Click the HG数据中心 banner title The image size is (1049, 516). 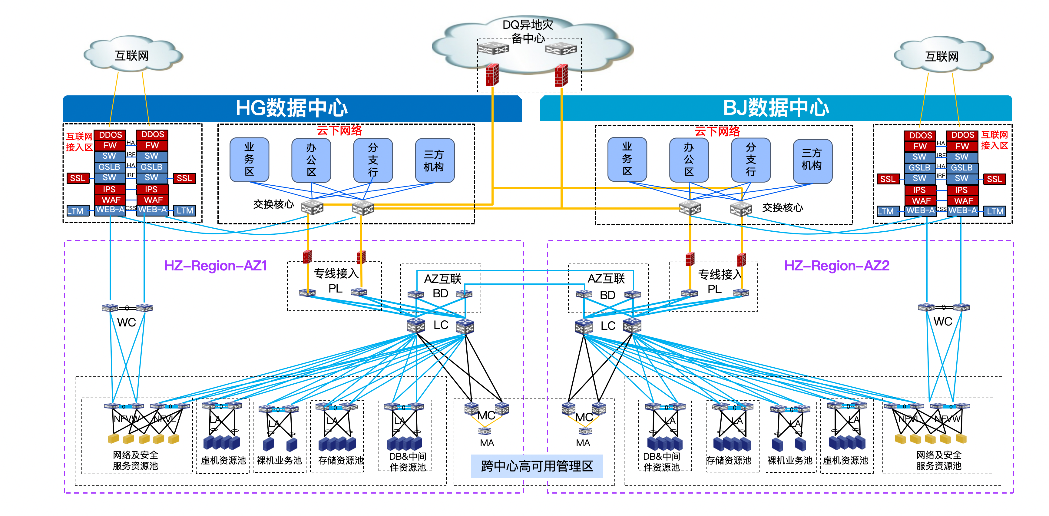click(x=292, y=108)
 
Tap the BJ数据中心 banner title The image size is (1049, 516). click(x=776, y=108)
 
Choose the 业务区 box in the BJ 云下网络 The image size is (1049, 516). click(x=627, y=159)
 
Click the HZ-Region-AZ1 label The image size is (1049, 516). click(x=215, y=266)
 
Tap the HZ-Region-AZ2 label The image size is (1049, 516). click(x=836, y=266)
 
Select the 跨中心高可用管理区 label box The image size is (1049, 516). click(x=537, y=466)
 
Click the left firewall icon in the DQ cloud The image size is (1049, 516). click(x=492, y=75)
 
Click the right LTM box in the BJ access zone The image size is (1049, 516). click(x=994, y=211)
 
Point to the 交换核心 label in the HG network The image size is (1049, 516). click(x=273, y=204)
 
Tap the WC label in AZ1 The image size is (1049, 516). click(x=126, y=322)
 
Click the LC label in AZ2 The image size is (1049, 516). click(x=608, y=326)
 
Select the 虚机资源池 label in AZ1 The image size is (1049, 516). click(x=223, y=460)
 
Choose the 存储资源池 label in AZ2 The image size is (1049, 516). click(x=729, y=460)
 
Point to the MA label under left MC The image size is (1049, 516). click(x=487, y=443)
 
